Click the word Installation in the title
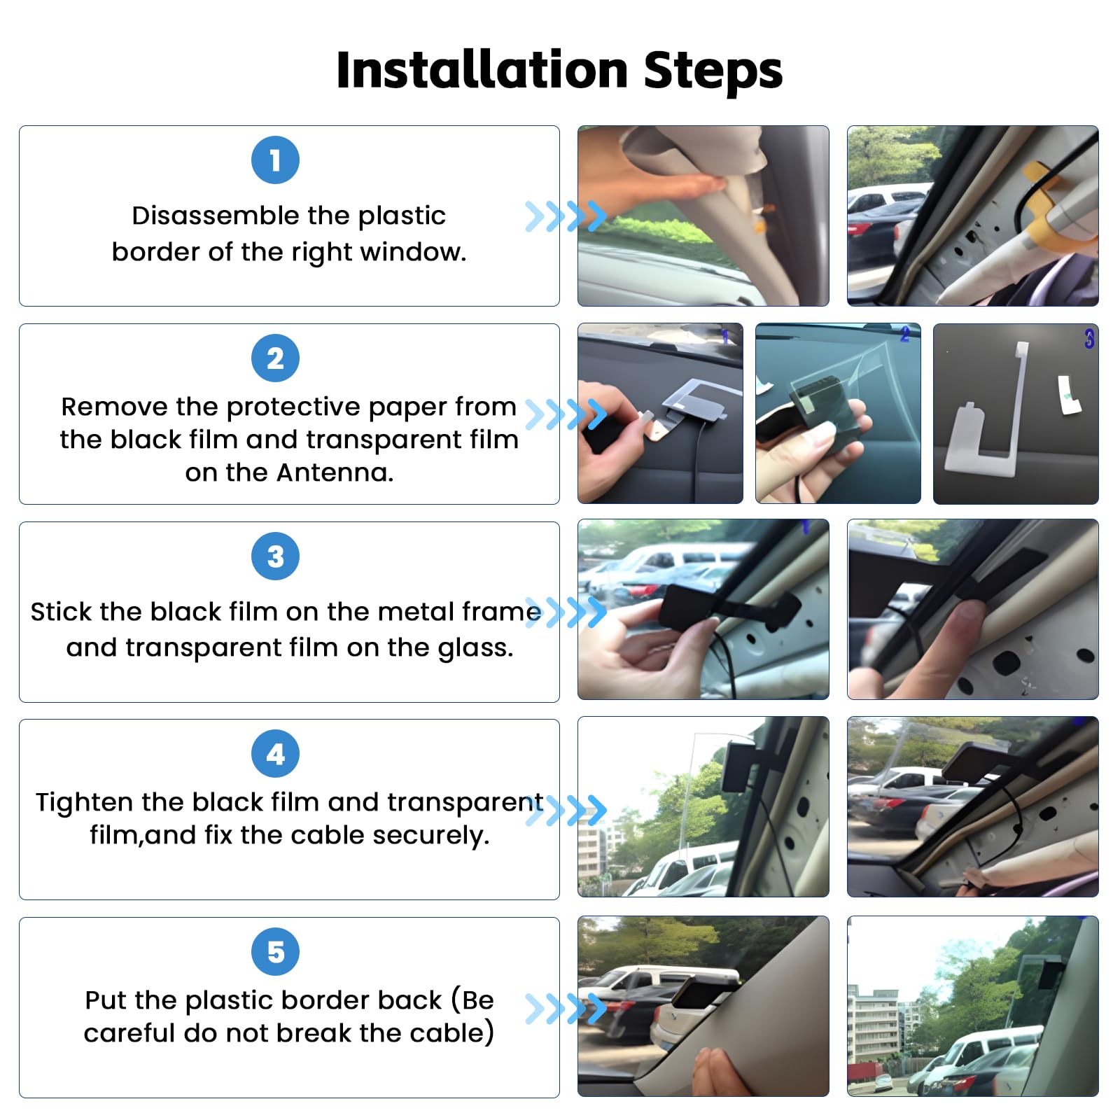coord(482,71)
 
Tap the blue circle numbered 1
coord(275,160)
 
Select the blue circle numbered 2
coord(275,358)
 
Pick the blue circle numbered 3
coord(275,556)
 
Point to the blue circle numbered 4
coord(275,754)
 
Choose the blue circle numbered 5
coord(275,952)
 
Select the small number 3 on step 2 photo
coord(1088,339)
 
